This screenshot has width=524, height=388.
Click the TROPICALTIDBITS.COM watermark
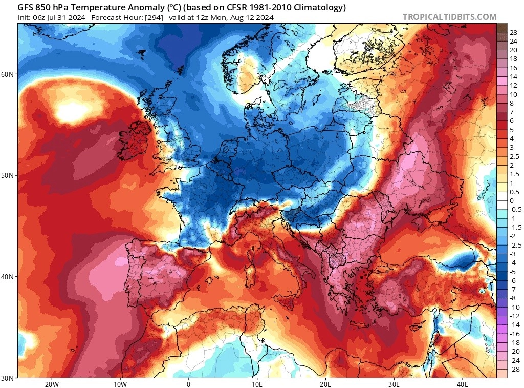tap(449, 17)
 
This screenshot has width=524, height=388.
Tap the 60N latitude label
tap(8, 74)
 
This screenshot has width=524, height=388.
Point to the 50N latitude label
tap(8, 175)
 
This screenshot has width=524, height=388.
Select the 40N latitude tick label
tap(8, 277)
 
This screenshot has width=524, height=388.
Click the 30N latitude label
tap(8, 378)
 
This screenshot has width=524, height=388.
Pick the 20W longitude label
tap(51, 384)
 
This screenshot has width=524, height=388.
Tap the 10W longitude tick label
tap(120, 384)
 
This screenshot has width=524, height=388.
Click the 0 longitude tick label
tap(188, 384)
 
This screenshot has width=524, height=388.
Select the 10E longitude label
tap(257, 384)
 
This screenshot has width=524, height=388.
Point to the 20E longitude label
tap(325, 384)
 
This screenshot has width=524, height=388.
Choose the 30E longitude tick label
tap(394, 384)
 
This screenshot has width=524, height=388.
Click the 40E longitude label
tap(462, 384)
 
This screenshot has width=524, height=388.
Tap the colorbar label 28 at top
tap(513, 33)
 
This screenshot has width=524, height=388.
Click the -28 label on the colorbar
tap(514, 369)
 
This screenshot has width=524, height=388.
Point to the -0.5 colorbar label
tap(515, 209)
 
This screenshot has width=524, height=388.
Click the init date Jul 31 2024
tap(64, 17)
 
